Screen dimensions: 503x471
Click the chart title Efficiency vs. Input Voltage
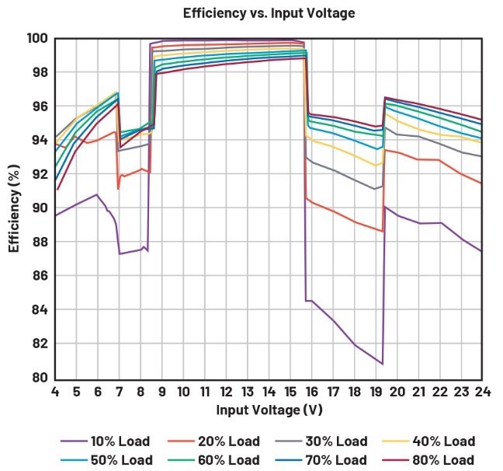[x=269, y=13]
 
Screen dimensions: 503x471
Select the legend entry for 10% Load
[x=106, y=441]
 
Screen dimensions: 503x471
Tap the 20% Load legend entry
[x=213, y=441]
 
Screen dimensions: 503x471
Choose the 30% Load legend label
[x=321, y=441]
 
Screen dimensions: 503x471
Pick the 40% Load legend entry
[x=428, y=441]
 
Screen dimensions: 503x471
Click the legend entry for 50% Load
[x=106, y=460]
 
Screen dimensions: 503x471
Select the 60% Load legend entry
[x=213, y=460]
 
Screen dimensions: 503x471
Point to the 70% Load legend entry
[x=321, y=460]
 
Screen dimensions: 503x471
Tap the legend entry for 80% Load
[x=428, y=460]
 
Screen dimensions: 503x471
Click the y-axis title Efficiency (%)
[x=14, y=208]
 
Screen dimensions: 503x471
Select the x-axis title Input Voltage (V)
[x=269, y=410]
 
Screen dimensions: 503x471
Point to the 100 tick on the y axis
[x=37, y=39]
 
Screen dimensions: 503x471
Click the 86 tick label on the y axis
[x=40, y=276]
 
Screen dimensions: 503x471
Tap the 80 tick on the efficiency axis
[x=40, y=378]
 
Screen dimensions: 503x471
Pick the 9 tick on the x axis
[x=162, y=392]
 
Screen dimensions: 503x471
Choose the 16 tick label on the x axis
[x=311, y=392]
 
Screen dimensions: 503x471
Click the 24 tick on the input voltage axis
[x=483, y=392]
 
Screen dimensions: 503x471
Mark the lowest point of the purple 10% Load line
[x=383, y=365]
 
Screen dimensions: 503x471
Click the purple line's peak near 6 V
[x=96, y=194]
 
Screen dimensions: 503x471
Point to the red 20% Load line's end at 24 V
[x=481, y=183]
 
